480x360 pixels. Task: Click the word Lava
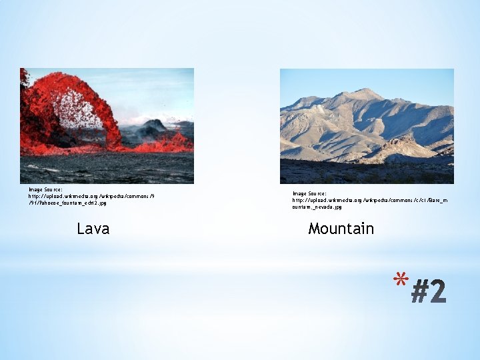[93, 229]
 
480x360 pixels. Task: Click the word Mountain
[341, 229]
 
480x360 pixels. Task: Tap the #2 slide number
[428, 291]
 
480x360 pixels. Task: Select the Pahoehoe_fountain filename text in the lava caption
[67, 203]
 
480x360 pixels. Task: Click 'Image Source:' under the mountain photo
[309, 193]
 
